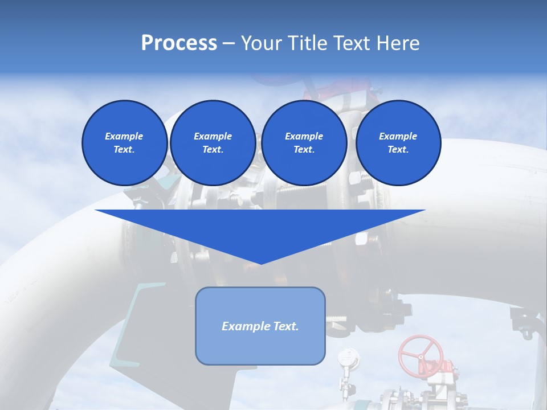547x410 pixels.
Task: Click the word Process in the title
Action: [x=179, y=43]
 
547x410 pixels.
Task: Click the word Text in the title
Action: [x=353, y=43]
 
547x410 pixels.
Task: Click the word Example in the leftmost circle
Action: [x=124, y=136]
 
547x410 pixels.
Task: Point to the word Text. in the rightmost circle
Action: [x=398, y=149]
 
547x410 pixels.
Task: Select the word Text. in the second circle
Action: [x=213, y=149]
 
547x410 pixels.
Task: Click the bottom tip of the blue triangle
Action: [x=260, y=263]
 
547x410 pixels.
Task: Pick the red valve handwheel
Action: [x=421, y=355]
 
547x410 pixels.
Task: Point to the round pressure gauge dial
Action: [x=348, y=358]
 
